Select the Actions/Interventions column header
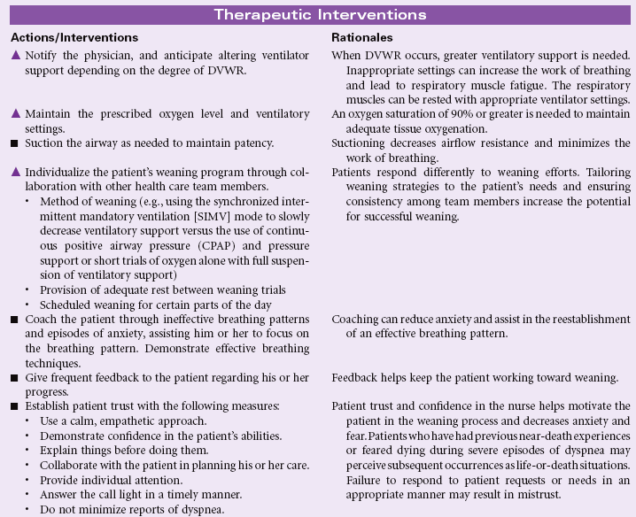tap(75, 38)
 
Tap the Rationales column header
tap(362, 38)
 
